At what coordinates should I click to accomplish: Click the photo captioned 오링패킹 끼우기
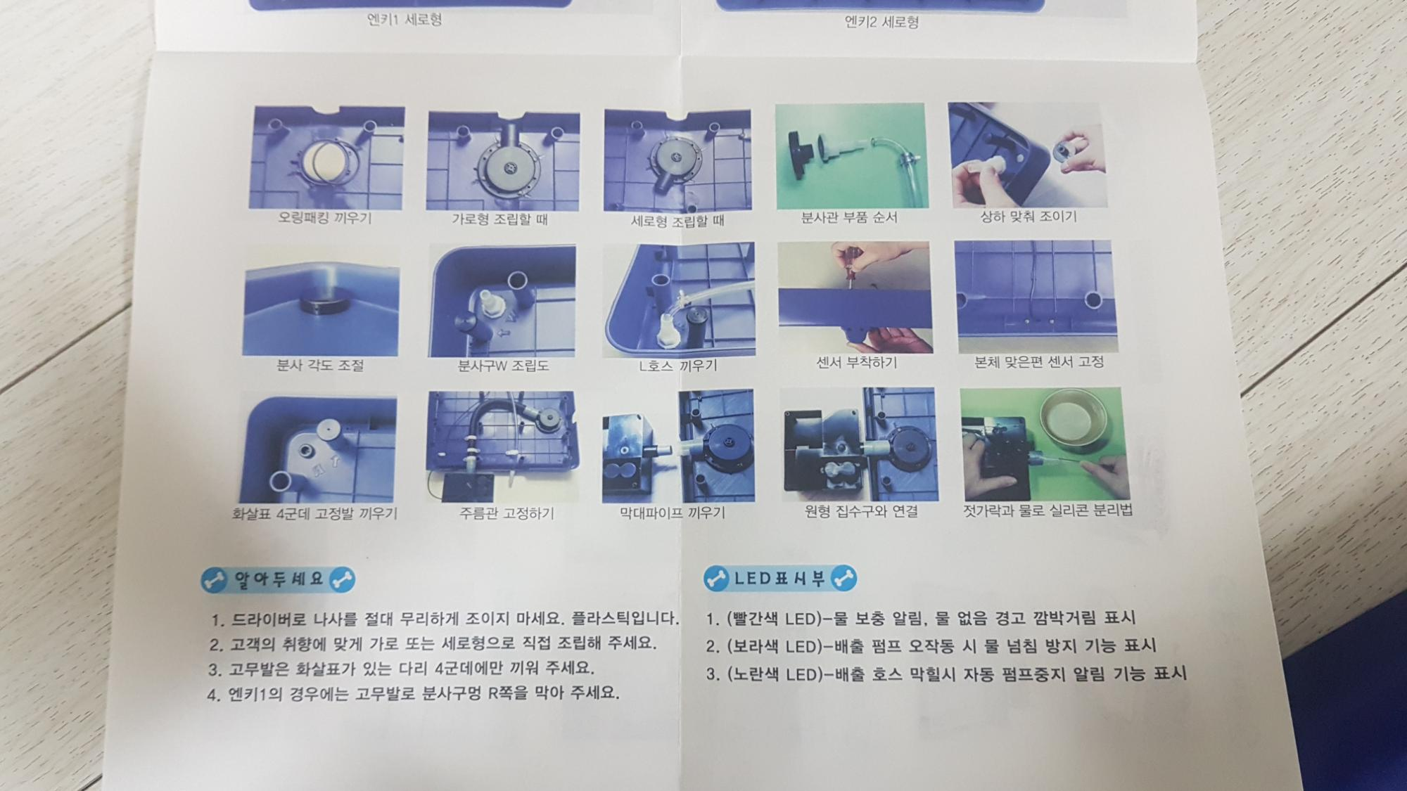coord(327,157)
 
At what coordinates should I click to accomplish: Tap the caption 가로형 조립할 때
coord(499,219)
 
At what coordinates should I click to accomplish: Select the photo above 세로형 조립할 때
coord(677,160)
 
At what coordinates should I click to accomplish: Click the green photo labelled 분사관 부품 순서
coord(851,155)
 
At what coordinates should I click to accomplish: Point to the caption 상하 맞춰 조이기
coord(1029,217)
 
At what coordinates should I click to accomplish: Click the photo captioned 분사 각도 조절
coord(321,301)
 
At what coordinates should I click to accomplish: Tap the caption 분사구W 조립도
coord(503,366)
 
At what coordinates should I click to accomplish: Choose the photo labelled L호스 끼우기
coord(678,300)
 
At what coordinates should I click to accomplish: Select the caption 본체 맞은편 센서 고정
coord(1038,362)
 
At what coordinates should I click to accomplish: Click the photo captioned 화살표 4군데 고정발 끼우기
coord(318,448)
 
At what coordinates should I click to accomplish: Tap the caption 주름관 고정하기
coord(507,513)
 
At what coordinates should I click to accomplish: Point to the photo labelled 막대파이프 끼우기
coord(678,446)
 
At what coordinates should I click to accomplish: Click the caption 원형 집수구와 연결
coord(861,511)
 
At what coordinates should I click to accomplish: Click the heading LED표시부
coord(780,579)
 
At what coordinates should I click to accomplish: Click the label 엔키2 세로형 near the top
coord(881,22)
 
